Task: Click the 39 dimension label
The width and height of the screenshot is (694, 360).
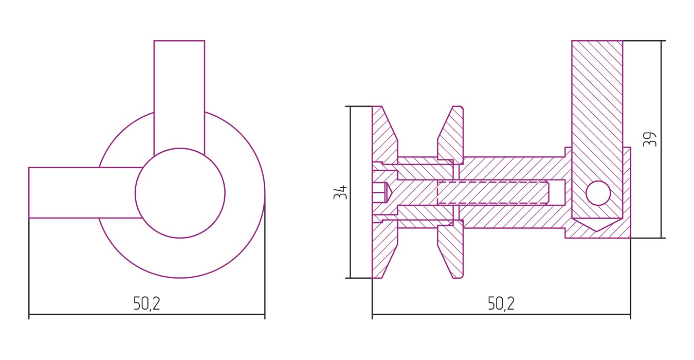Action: [650, 139]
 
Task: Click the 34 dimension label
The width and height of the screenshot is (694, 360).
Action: [340, 192]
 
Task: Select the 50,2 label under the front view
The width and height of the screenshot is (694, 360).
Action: [147, 303]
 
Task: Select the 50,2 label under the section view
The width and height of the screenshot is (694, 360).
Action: [501, 303]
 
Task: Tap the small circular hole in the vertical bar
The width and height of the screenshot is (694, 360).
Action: [598, 193]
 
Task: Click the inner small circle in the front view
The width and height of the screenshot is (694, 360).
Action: [180, 193]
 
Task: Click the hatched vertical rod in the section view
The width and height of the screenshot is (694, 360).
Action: [597, 130]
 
